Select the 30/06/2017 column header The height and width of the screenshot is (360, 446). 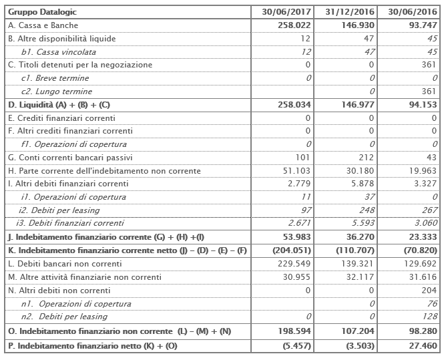[288, 12]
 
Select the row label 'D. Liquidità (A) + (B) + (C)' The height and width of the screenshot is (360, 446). [59, 105]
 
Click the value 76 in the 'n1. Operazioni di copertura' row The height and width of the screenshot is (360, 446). [432, 304]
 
